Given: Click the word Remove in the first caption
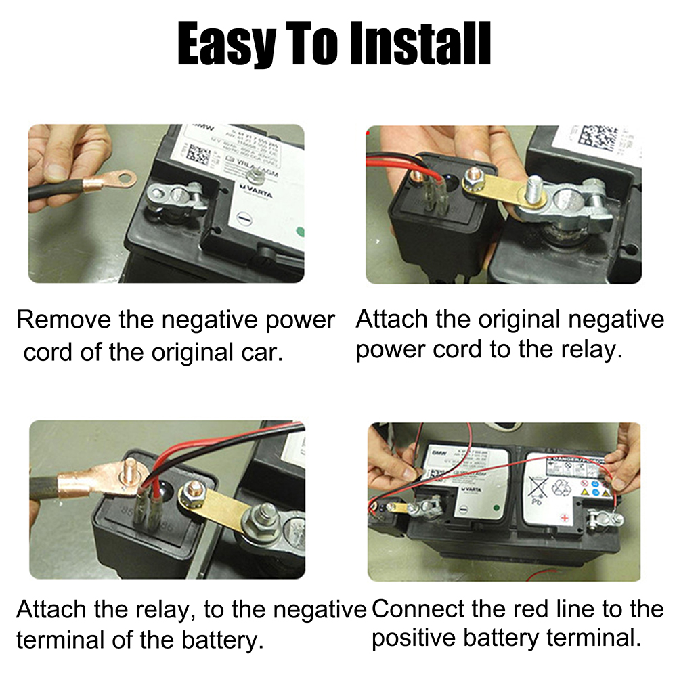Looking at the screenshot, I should click(x=64, y=320).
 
